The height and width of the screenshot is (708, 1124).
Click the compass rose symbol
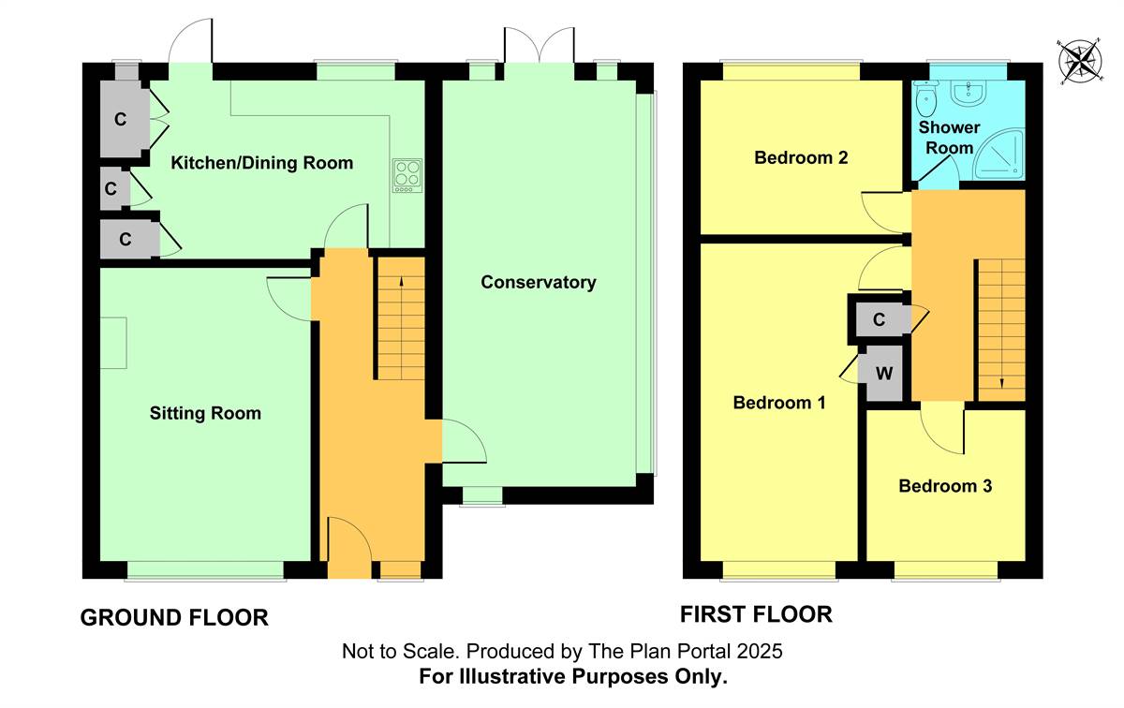click(x=1080, y=62)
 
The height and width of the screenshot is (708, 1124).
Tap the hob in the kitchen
click(x=407, y=175)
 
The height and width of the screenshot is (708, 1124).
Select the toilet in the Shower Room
click(x=925, y=98)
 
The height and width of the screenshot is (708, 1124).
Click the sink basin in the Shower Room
click(x=969, y=94)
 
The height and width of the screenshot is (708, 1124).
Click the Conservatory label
click(x=539, y=282)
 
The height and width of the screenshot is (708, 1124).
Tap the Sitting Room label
click(x=205, y=413)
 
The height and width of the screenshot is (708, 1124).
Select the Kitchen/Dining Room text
click(x=262, y=163)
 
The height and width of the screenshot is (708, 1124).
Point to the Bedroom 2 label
click(x=801, y=158)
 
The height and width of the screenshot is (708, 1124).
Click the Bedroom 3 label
click(x=945, y=486)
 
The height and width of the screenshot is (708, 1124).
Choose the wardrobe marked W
click(x=884, y=374)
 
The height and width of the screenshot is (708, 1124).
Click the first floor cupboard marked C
click(x=880, y=319)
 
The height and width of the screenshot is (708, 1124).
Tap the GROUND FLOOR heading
click(x=174, y=618)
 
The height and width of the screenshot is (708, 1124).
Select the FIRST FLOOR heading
click(x=756, y=614)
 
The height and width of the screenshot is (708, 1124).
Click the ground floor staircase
click(x=401, y=318)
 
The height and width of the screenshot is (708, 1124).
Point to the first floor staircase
click(x=1001, y=331)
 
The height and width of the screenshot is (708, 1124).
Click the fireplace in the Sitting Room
click(x=113, y=343)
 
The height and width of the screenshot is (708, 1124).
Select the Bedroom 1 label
click(x=779, y=403)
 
